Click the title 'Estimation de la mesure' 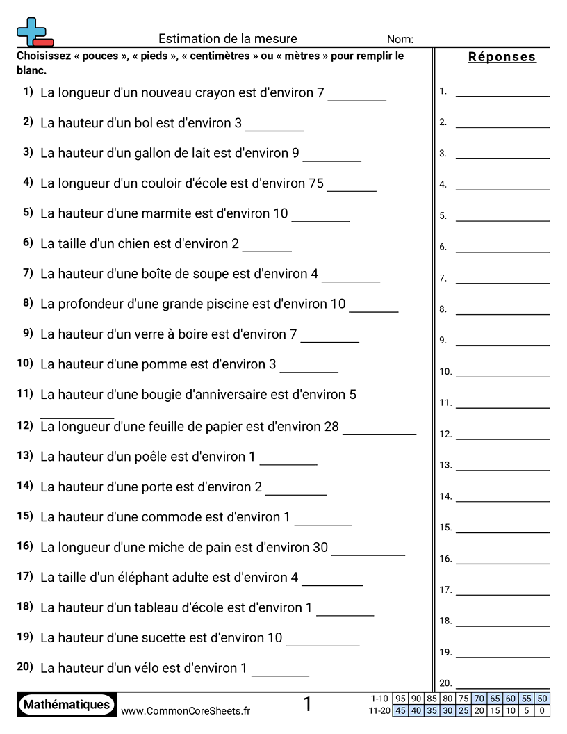tap(227, 39)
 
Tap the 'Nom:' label tap(400, 40)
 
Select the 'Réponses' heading tap(502, 57)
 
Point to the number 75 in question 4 tap(316, 183)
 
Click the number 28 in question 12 tap(331, 427)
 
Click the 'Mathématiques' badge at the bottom tap(67, 705)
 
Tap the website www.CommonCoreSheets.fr tap(186, 710)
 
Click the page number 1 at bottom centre tap(308, 705)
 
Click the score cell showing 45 tap(400, 711)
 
